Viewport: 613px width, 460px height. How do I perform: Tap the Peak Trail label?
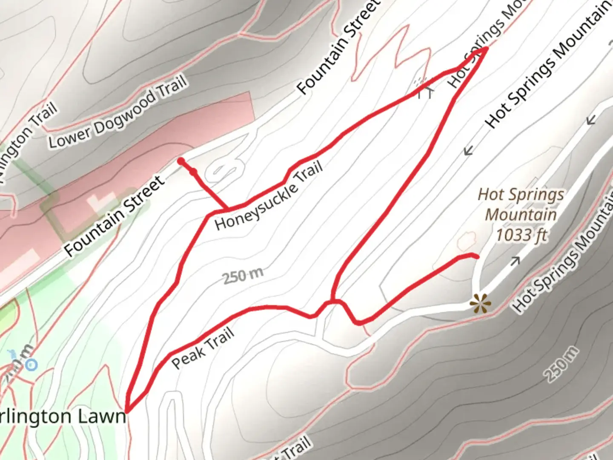pos(203,348)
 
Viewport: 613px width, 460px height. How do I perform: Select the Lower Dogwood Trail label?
pos(117,112)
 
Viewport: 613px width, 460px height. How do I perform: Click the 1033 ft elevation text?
pos(521,235)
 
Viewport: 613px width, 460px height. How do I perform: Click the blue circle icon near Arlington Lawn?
pos(31,365)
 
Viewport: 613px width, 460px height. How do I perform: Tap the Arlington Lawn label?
pos(63,416)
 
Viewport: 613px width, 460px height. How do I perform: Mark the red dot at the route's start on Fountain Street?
pos(181,161)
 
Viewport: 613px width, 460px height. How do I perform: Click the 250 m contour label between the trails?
pos(243,276)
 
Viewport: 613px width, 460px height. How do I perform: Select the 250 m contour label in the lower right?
pos(562,364)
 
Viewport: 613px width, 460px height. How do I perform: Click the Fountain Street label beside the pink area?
pos(115,216)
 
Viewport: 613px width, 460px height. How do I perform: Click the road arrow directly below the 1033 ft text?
pos(515,261)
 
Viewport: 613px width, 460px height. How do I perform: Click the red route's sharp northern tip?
pos(486,49)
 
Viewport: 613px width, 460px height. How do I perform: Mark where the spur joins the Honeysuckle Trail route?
pos(227,209)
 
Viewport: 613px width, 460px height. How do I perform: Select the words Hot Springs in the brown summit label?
pos(521,195)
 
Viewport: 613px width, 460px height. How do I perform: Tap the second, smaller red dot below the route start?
pos(194,172)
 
